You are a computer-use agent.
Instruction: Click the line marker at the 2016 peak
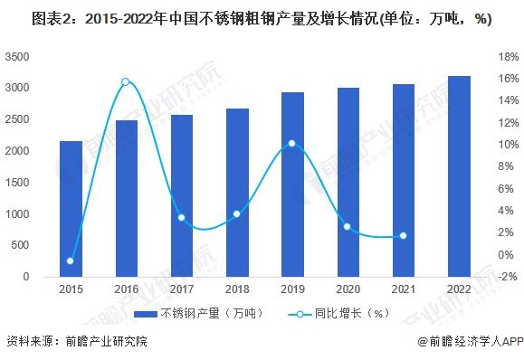[x=126, y=82]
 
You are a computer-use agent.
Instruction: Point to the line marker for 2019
[x=291, y=143]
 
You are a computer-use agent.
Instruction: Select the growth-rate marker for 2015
[x=71, y=261]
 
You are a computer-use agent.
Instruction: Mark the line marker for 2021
[x=403, y=236]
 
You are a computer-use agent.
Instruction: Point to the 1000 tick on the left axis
[x=17, y=213]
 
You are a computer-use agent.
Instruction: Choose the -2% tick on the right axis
[x=504, y=276]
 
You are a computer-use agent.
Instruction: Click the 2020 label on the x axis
[x=347, y=289]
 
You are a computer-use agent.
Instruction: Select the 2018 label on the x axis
[x=236, y=289]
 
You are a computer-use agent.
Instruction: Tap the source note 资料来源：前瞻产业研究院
[x=76, y=342]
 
